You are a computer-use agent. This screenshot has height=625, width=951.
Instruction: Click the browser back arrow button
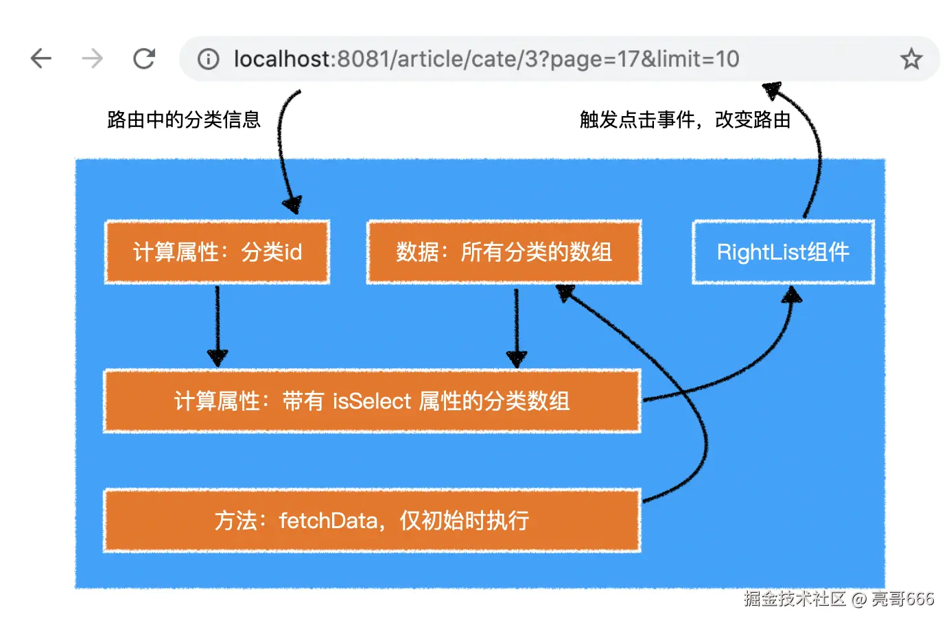click(41, 58)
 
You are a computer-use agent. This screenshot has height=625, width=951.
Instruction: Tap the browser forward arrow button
click(92, 58)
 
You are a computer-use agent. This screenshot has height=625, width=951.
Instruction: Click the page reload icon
click(144, 58)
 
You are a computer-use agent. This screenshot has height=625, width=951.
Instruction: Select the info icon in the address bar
click(208, 58)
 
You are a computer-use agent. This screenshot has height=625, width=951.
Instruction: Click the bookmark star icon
click(911, 58)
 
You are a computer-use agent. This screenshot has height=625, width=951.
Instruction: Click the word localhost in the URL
click(282, 58)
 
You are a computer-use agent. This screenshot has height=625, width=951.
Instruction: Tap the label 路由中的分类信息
click(183, 120)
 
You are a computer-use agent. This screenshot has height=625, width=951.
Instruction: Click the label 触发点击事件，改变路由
click(685, 120)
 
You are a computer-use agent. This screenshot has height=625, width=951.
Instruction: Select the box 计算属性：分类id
click(217, 251)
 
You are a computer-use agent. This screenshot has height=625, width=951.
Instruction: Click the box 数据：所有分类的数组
click(504, 251)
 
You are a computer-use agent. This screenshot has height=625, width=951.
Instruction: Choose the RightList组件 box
click(784, 251)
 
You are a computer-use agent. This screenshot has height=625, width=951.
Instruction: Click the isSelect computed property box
click(372, 401)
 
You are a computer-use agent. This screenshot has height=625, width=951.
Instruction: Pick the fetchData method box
click(372, 521)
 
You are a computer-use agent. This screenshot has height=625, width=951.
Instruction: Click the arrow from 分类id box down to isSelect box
click(218, 326)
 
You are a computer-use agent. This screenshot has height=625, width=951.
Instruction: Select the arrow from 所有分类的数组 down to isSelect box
click(516, 328)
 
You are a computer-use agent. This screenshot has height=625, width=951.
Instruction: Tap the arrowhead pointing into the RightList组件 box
click(792, 294)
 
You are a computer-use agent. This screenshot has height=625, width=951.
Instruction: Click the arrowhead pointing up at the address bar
click(773, 90)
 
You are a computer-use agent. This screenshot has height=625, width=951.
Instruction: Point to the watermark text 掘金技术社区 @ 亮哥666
click(839, 599)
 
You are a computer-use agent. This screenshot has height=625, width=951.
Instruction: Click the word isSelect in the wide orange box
click(372, 401)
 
